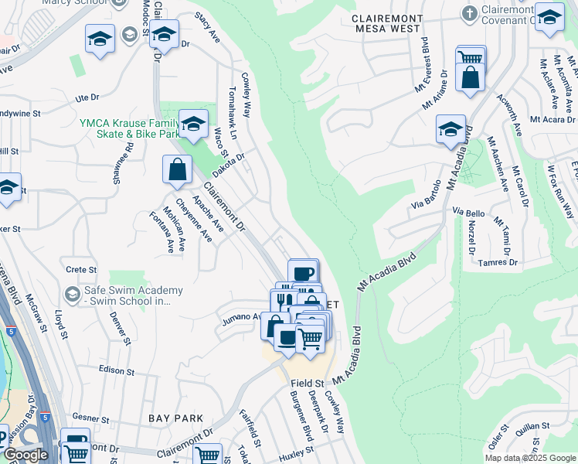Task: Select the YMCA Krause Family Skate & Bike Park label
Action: tap(124, 128)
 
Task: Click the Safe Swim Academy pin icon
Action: tap(73, 294)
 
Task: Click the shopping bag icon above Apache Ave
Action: tap(177, 169)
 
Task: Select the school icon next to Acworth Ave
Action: tap(450, 129)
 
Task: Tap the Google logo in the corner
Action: tap(25, 455)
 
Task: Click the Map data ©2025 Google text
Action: tap(530, 458)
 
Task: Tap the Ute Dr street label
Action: tap(87, 98)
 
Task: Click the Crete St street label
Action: tap(80, 270)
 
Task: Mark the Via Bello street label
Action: tap(469, 212)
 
